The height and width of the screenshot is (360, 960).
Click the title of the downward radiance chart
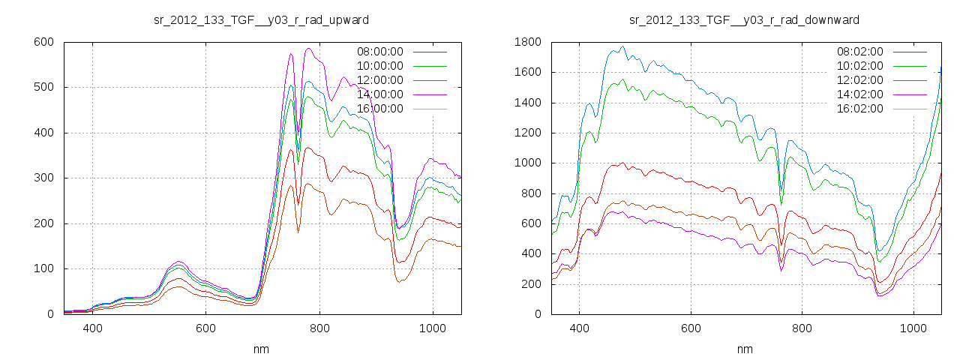pyautogui.click(x=744, y=19)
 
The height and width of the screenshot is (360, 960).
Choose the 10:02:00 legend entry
pyautogui.click(x=860, y=66)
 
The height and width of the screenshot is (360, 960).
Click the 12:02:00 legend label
pyautogui.click(x=860, y=80)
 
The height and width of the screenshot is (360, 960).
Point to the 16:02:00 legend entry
pyautogui.click(x=860, y=109)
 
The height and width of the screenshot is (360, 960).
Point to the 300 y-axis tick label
pyautogui.click(x=44, y=178)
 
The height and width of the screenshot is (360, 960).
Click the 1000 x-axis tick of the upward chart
pyautogui.click(x=433, y=328)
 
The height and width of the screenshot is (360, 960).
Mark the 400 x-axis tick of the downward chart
pyautogui.click(x=579, y=328)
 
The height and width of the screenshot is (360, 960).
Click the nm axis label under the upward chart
pyautogui.click(x=261, y=349)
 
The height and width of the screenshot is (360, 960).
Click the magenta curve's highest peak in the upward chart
pyautogui.click(x=308, y=49)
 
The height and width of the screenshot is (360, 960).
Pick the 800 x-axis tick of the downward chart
pyautogui.click(x=802, y=328)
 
